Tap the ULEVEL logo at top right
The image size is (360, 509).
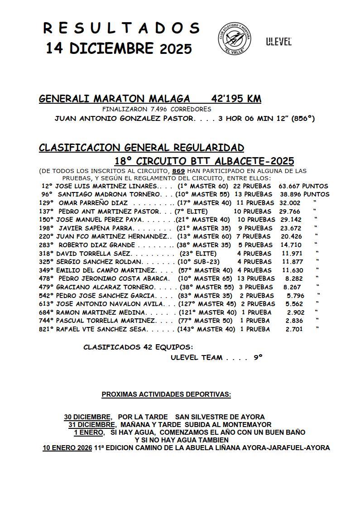(278, 42)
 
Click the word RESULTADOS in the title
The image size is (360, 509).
(121, 28)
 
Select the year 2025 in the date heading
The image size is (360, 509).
(176, 49)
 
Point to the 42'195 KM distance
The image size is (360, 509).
(236, 99)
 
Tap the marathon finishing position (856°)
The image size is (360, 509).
(303, 119)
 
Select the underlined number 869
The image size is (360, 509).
(179, 171)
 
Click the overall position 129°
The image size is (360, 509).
(47, 203)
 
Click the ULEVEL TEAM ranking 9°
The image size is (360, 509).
(258, 357)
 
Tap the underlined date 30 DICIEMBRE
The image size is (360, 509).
(87, 417)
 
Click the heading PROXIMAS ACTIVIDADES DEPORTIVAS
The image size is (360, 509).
(166, 394)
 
